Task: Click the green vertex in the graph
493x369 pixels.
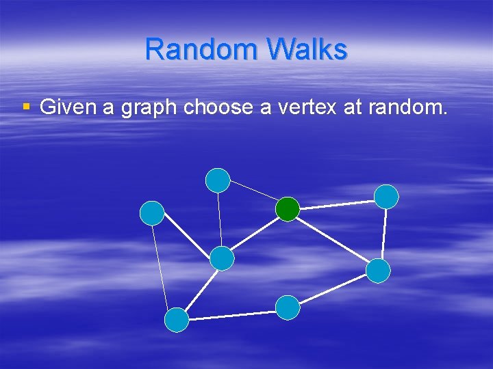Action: click(288, 209)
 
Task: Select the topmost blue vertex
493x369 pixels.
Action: click(218, 180)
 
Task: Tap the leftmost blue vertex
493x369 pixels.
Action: click(152, 213)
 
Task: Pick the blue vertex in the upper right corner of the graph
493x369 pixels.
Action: click(387, 196)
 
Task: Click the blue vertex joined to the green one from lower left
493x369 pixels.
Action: click(222, 258)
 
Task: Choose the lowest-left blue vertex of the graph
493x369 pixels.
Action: click(177, 320)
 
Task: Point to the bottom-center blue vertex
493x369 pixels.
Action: click(288, 307)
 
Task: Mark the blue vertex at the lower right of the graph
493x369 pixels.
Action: click(378, 271)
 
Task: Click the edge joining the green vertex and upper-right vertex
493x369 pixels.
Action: click(337, 203)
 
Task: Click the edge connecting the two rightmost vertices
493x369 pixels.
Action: click(383, 234)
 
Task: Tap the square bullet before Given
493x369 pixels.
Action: click(27, 107)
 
